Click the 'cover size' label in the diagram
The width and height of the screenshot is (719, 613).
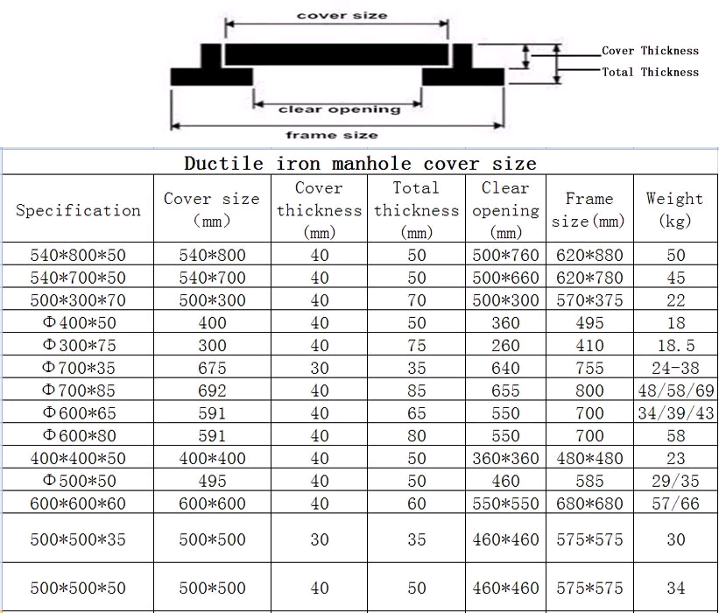coord(342,16)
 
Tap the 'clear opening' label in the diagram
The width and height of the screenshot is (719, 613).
coord(339,109)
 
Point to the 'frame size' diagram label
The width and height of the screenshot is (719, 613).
coord(332,135)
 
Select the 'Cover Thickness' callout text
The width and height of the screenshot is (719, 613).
coord(650,51)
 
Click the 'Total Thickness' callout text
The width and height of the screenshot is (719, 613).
coord(650,72)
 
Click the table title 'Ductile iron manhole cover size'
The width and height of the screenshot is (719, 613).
coord(360,164)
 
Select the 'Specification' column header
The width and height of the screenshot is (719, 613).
coord(78,210)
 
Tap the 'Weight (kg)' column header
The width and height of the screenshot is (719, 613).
coord(674,209)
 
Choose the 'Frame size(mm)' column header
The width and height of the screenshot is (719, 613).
coord(589,210)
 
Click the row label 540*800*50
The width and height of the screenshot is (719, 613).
coord(78,256)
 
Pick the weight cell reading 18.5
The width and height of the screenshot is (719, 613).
coord(674,346)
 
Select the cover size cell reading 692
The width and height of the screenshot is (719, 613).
coord(212,391)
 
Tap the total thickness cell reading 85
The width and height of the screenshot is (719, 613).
coord(416,391)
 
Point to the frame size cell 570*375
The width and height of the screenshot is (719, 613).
coord(589,300)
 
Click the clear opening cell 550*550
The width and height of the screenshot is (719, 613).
coord(505,503)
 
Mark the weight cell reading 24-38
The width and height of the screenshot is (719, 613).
coord(675,369)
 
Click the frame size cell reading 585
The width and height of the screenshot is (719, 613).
coord(589,481)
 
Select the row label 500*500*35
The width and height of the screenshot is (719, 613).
coord(78,539)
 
